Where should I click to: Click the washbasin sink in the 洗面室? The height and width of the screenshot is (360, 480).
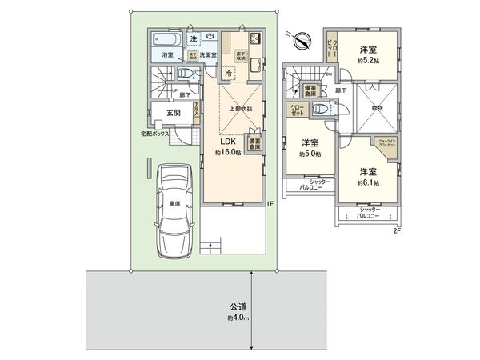[209, 37]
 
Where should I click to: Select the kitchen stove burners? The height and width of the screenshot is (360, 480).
[257, 39]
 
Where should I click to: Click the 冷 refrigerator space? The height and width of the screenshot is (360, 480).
[229, 74]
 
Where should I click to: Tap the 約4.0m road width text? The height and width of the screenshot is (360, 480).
[238, 318]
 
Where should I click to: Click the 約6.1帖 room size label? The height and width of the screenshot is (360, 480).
[367, 182]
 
